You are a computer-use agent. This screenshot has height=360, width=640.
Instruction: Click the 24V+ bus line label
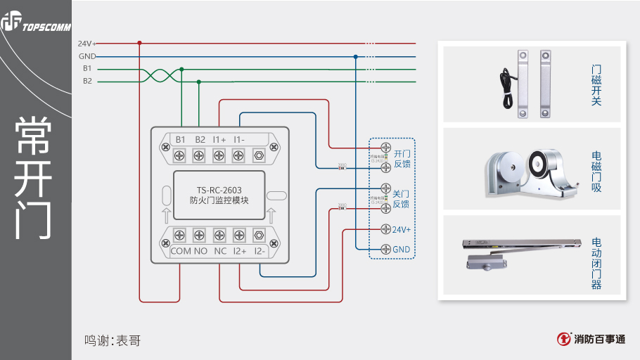87,44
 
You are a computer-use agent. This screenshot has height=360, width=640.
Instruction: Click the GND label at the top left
87,56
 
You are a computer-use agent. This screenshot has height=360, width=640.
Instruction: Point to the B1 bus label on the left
87,69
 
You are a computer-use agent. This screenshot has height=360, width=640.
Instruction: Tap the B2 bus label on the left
87,82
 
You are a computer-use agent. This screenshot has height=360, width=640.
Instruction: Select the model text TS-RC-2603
219,188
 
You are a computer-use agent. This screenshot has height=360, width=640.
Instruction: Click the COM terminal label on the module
181,251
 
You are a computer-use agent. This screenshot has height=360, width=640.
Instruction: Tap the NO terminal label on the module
200,251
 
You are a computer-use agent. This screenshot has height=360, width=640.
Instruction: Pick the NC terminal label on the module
220,251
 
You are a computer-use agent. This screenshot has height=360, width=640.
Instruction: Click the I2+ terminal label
240,251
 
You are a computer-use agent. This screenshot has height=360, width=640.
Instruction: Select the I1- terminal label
239,139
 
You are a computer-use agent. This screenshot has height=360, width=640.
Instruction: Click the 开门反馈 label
402,158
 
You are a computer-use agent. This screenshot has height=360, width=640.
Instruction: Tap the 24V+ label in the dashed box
402,230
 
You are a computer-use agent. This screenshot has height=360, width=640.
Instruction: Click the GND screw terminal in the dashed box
385,250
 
